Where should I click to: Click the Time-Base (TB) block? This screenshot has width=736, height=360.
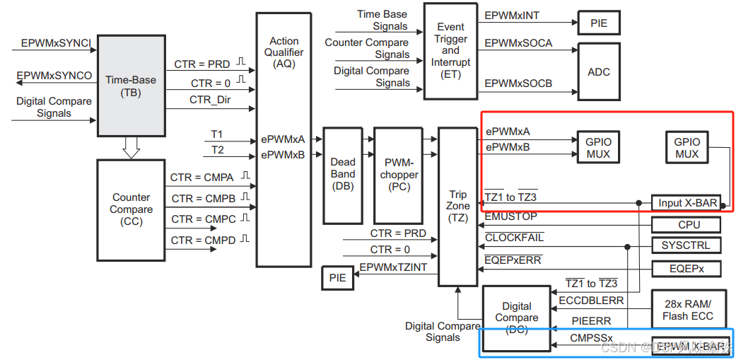(x=131, y=85)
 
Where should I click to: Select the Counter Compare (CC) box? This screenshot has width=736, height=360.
(x=131, y=209)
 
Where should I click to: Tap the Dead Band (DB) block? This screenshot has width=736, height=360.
(x=343, y=174)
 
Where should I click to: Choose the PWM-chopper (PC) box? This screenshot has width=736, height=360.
(x=398, y=174)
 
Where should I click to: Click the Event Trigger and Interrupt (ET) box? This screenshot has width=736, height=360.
(x=450, y=50)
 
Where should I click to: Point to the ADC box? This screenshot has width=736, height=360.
(x=598, y=71)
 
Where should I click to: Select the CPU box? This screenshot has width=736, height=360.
(x=688, y=225)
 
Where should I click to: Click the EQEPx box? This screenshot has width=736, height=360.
(x=687, y=269)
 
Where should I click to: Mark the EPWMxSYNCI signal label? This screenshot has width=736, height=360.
(x=56, y=43)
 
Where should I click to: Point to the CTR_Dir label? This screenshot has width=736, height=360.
(x=210, y=100)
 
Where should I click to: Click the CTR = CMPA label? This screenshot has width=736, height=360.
(x=204, y=177)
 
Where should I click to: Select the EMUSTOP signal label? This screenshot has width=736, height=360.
(x=510, y=216)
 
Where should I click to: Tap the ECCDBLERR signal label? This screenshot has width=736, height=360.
(x=591, y=301)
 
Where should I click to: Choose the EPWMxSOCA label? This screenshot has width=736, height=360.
(x=518, y=43)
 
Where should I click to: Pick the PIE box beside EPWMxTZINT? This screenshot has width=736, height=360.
(x=338, y=278)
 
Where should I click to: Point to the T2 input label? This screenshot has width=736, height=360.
(x=217, y=149)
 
